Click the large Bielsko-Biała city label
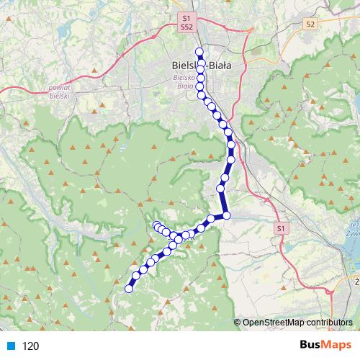pyautogui.click(x=202, y=66)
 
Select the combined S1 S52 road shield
pyautogui.click(x=187, y=22)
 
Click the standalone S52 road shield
pyautogui.click(x=310, y=24)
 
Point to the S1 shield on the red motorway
pyautogui.click(x=279, y=228)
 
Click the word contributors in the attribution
pyautogui.click(x=328, y=323)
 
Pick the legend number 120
pyautogui.click(x=30, y=346)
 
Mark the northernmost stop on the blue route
pyautogui.click(x=200, y=51)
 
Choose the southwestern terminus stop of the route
pyautogui.click(x=129, y=289)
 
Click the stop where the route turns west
pyautogui.click(x=226, y=215)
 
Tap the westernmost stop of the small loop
pyautogui.click(x=156, y=225)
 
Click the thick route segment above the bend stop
pyautogui.click(x=222, y=198)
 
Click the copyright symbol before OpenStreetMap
pyautogui.click(x=238, y=323)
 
